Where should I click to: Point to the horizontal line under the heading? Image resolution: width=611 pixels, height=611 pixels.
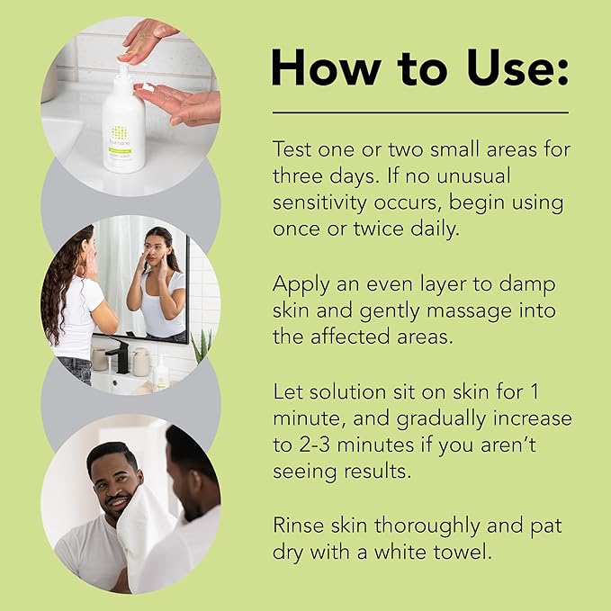click(x=420, y=112)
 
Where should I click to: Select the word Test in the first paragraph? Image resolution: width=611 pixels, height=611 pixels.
click(x=294, y=149)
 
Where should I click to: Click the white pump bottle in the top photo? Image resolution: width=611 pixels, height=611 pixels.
click(x=123, y=126)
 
